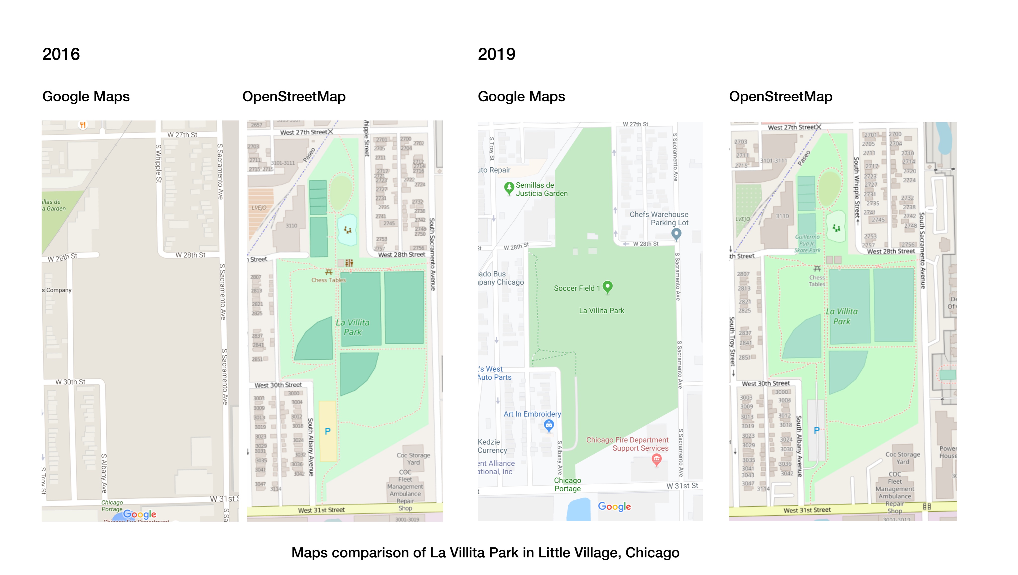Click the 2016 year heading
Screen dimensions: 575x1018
[61, 54]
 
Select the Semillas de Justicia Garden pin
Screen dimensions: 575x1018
[509, 188]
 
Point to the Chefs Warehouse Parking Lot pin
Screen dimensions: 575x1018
[676, 234]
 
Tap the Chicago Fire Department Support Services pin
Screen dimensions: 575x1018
[656, 459]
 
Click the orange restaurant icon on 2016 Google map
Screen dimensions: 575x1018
[83, 125]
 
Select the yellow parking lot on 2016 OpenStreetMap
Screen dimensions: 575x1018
[328, 431]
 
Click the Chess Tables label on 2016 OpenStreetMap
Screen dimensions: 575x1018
[328, 280]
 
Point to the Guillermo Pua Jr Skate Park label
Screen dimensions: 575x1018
[807, 244]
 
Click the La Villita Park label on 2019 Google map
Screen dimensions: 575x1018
[601, 311]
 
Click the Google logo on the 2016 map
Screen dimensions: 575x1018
[139, 514]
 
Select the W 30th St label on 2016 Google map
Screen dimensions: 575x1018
[70, 382]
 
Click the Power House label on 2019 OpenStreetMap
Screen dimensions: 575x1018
[948, 452]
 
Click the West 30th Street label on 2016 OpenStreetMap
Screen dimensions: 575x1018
[278, 385]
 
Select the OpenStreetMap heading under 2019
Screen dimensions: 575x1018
[780, 96]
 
